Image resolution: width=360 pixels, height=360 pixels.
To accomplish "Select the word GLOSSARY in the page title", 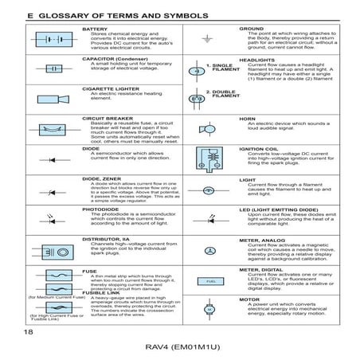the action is [x=61, y=15].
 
